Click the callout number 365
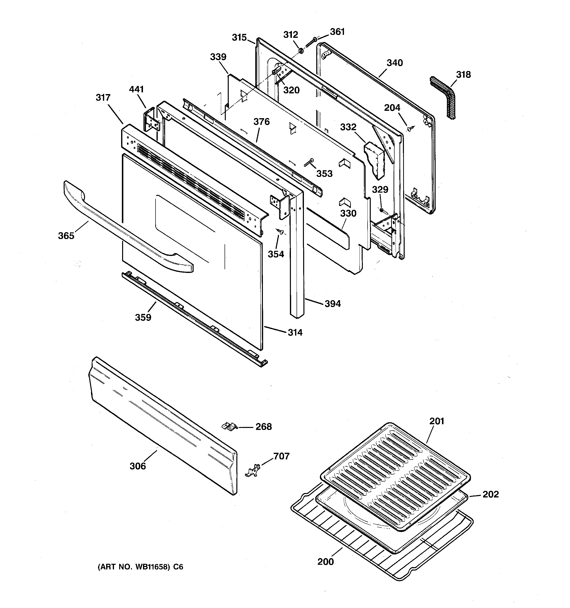pyautogui.click(x=66, y=236)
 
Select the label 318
pyautogui.click(x=463, y=75)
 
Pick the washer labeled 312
pyautogui.click(x=301, y=50)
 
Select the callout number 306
pyautogui.click(x=138, y=466)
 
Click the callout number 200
pyautogui.click(x=326, y=562)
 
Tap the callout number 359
pyautogui.click(x=143, y=317)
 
